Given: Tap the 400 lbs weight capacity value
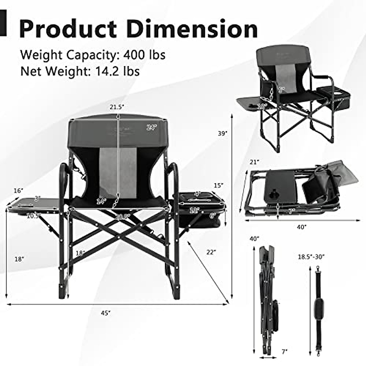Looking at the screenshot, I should point(144,55).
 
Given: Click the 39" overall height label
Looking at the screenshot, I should point(223,133).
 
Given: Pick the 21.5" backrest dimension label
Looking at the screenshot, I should point(117,107).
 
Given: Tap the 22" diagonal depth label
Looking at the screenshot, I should point(211,252).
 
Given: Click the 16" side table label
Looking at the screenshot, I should point(18,191).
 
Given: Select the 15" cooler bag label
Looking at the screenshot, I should point(218,185).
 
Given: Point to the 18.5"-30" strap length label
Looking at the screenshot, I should point(311,257).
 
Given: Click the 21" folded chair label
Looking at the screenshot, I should point(253,162).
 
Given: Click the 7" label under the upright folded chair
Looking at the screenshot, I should point(285,352).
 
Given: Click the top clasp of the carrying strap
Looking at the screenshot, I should point(319,269).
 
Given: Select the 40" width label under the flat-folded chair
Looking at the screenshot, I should point(302,227).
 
